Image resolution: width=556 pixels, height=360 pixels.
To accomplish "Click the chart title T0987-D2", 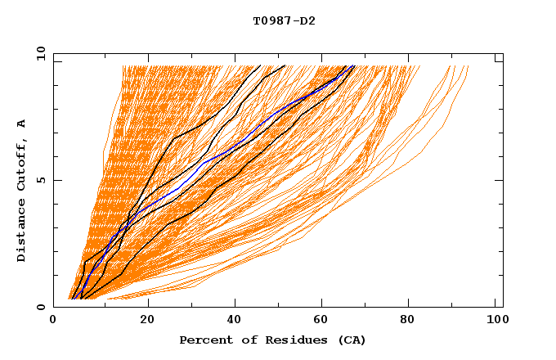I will coord(284,20).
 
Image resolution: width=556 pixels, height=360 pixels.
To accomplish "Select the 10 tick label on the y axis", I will coord(39,53).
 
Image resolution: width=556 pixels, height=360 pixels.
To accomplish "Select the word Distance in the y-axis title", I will coord(22,232).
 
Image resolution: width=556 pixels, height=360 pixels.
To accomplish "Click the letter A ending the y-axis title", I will coord(22,123).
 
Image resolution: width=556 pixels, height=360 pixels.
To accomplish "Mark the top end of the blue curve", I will coord(352,66).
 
